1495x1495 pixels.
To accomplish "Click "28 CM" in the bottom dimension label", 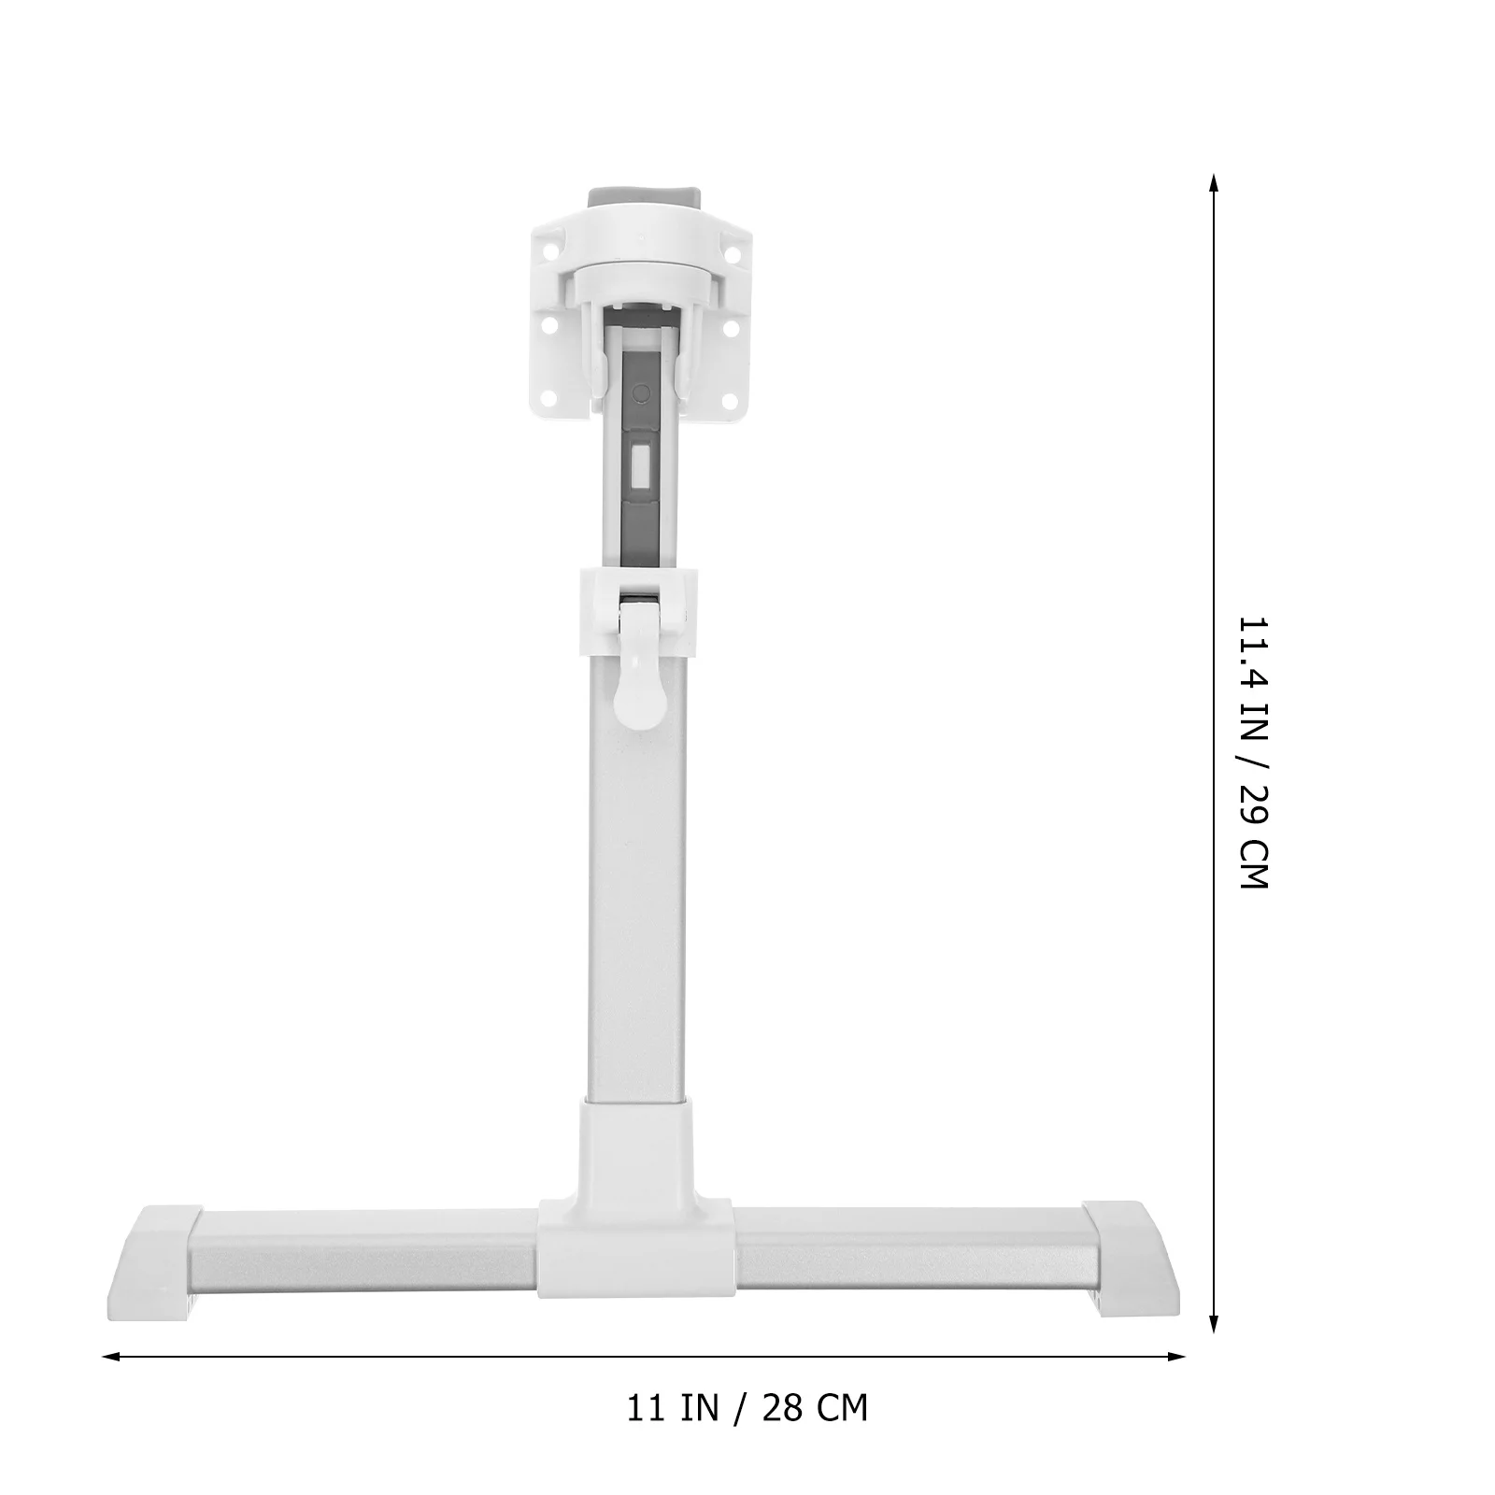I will click(x=815, y=1407).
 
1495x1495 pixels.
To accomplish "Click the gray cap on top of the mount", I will click(x=644, y=199).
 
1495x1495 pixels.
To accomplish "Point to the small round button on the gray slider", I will click(x=642, y=392).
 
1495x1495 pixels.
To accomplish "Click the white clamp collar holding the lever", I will click(x=639, y=612).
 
